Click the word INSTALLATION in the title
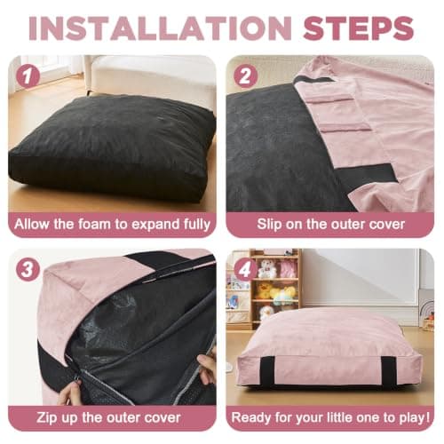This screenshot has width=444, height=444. (160, 28)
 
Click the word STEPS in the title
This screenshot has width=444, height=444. (358, 28)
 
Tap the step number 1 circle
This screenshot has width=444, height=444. (28, 76)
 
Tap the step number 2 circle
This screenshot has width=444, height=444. (246, 75)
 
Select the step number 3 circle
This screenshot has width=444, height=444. (28, 269)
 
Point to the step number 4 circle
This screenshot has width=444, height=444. (246, 269)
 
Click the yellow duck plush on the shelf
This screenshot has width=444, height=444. (263, 290)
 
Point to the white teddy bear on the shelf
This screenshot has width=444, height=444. (265, 268)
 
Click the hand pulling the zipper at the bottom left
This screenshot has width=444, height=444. (69, 392)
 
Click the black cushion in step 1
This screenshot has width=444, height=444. (113, 148)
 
